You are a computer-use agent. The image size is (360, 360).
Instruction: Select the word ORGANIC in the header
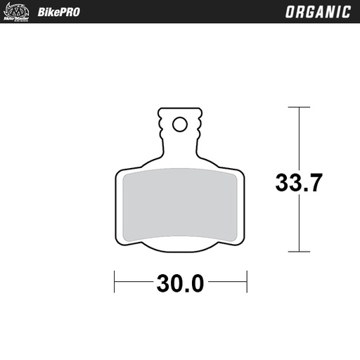tap(318, 12)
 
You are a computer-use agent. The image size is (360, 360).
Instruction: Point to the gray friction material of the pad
tap(180, 204)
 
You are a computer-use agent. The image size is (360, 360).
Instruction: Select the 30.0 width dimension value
tap(180, 283)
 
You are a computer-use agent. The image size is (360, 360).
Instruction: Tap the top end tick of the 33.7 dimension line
tap(300, 108)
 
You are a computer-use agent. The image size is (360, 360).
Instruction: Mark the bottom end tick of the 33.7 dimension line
tap(300, 251)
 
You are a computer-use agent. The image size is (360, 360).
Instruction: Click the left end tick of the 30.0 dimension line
tap(115, 283)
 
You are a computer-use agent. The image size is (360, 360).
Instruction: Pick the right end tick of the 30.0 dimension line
tap(246, 283)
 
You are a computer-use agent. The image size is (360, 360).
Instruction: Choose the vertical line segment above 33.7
tap(300, 137)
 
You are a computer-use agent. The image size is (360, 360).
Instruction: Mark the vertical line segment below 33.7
tap(300, 225)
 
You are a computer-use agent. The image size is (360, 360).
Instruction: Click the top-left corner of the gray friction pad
tap(125, 176)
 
